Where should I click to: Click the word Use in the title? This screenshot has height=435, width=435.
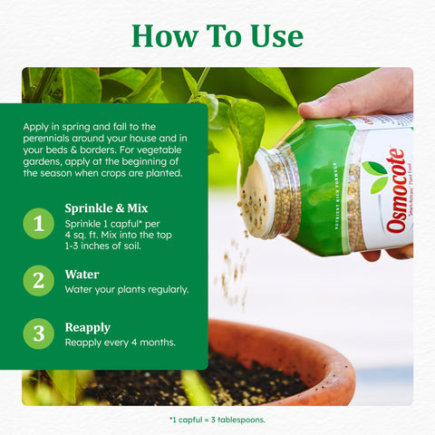pyautogui.click(x=276, y=36)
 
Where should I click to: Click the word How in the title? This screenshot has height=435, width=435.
pyautogui.click(x=165, y=36)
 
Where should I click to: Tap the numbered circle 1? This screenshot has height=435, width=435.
pyautogui.click(x=39, y=224)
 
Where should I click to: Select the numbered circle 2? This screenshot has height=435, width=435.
pyautogui.click(x=39, y=281)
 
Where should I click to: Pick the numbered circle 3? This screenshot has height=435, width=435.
pyautogui.click(x=39, y=333)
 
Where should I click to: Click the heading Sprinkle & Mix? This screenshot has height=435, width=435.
pyautogui.click(x=106, y=208)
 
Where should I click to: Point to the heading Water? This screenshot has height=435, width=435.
pyautogui.click(x=82, y=275)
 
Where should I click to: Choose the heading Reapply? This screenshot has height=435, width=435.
pyautogui.click(x=88, y=328)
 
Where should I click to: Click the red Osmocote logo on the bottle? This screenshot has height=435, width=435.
pyautogui.click(x=395, y=190)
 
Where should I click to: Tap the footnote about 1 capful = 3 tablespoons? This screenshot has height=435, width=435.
pyautogui.click(x=217, y=420)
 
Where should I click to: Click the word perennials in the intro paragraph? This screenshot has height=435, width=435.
pyautogui.click(x=46, y=139)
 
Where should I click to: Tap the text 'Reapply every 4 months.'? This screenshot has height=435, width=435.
pyautogui.click(x=121, y=343)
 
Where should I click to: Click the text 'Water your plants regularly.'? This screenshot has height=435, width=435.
pyautogui.click(x=127, y=290)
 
